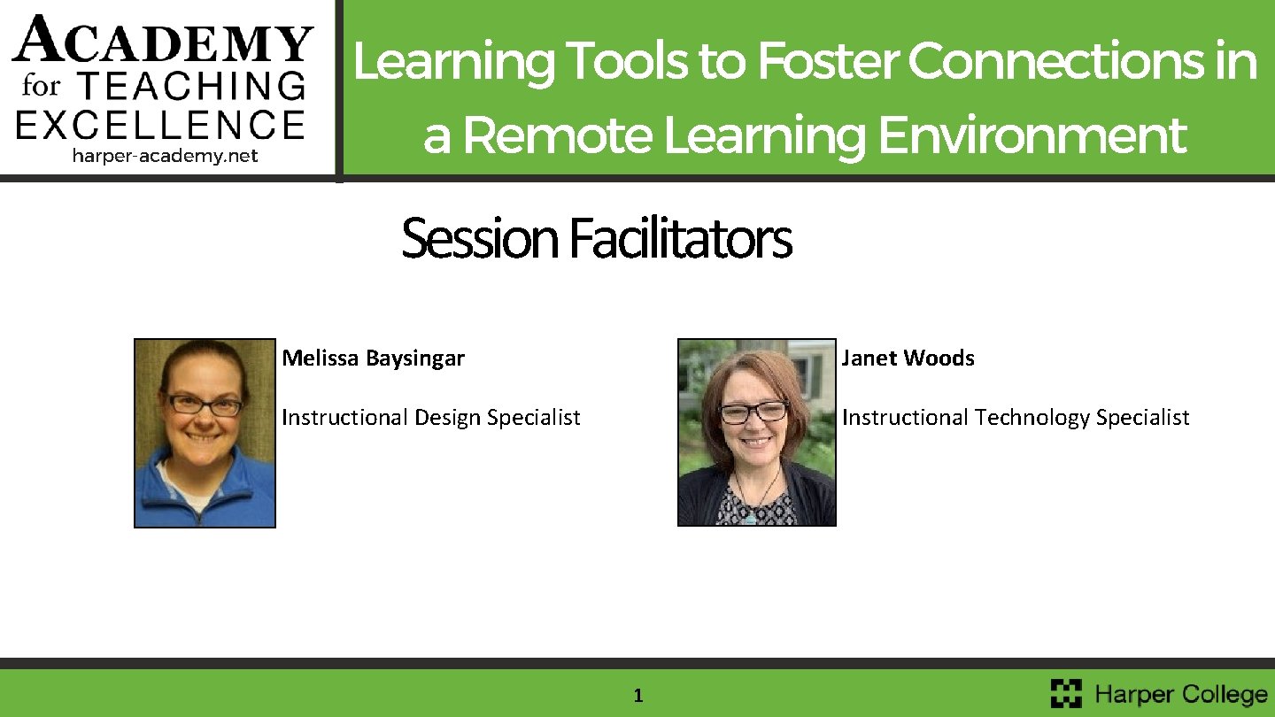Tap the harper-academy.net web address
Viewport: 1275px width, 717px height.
[165, 156]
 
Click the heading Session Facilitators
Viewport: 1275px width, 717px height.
[596, 239]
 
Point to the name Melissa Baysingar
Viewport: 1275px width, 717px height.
[373, 358]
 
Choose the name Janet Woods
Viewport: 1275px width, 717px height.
[908, 358]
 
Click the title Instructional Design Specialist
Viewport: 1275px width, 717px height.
[430, 417]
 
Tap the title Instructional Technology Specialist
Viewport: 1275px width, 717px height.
[1015, 417]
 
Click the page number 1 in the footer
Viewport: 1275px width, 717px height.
[637, 697]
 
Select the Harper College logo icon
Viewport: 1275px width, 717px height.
[1066, 693]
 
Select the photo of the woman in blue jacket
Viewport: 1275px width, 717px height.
[205, 433]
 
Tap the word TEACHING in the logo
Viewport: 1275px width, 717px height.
[192, 86]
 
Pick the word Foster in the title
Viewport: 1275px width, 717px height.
[827, 62]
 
